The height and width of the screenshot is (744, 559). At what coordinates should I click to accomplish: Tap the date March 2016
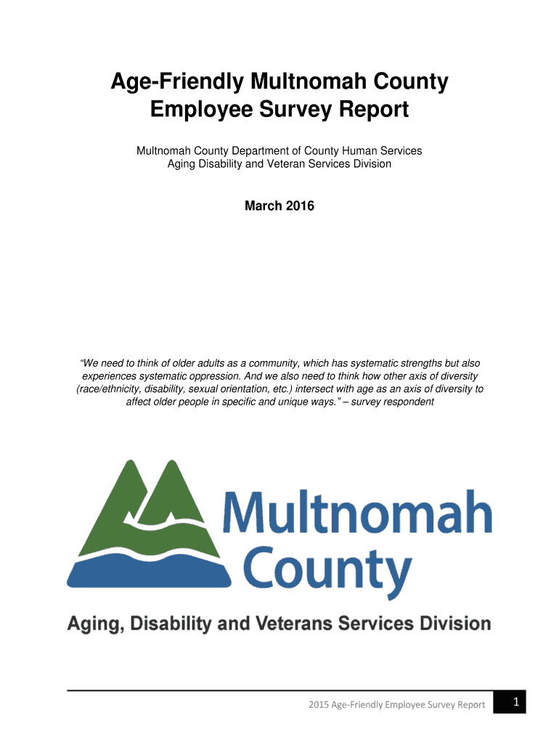point(279,206)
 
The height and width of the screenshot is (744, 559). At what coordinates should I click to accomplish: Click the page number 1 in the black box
point(515,702)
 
